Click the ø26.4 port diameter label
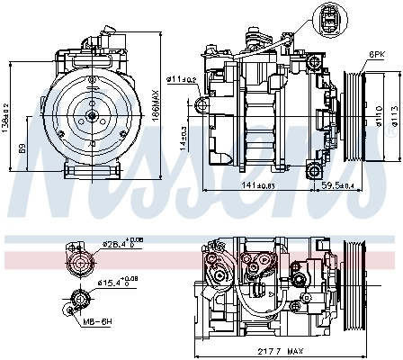tap(121, 243)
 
